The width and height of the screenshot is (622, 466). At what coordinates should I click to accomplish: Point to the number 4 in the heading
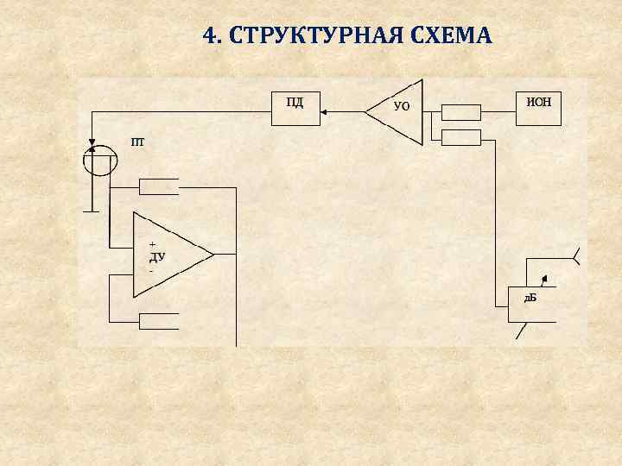click(x=209, y=35)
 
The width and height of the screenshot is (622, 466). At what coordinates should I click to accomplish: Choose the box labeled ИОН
click(x=538, y=108)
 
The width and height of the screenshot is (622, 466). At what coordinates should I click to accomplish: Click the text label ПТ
click(x=138, y=141)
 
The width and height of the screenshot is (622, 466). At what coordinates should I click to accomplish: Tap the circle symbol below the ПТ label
click(x=99, y=161)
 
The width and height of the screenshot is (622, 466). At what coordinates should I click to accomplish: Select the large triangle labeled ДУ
click(x=168, y=255)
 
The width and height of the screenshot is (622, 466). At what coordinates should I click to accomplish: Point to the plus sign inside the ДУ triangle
click(x=153, y=243)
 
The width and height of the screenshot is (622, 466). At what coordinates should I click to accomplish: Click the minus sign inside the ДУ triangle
click(x=151, y=270)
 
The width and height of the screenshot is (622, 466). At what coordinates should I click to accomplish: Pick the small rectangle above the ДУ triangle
click(x=159, y=187)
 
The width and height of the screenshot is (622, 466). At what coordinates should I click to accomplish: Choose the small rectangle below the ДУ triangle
click(x=159, y=321)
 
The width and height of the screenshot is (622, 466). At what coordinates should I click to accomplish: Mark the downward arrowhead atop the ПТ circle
click(x=92, y=143)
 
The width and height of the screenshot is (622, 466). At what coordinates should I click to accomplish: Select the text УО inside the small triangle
click(x=402, y=107)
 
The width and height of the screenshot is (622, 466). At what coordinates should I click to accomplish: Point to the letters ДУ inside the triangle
click(x=157, y=256)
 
